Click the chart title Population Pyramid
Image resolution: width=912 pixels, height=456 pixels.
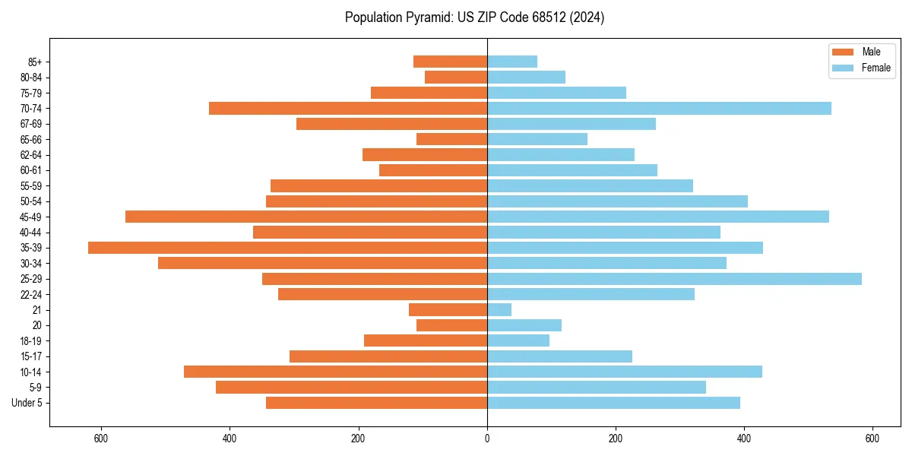(474, 17)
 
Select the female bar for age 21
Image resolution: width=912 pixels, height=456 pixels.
(499, 310)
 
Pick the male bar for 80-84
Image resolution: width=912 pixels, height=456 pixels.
(456, 77)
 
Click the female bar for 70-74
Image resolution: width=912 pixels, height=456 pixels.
(659, 108)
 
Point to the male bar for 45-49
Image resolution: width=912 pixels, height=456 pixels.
(306, 217)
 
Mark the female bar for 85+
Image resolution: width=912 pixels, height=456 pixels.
(512, 62)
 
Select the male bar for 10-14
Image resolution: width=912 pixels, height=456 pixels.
(335, 372)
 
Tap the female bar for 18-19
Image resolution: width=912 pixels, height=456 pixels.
(518, 340)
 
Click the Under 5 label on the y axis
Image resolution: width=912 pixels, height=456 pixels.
(27, 403)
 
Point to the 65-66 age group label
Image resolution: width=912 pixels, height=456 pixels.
(32, 139)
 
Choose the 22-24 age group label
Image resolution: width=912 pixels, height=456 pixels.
(32, 294)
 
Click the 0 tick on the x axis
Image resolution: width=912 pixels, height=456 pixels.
(487, 439)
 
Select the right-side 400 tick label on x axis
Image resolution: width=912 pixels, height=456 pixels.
(744, 439)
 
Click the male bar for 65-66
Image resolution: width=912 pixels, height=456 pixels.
(451, 139)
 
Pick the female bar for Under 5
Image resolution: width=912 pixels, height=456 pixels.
(613, 403)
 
